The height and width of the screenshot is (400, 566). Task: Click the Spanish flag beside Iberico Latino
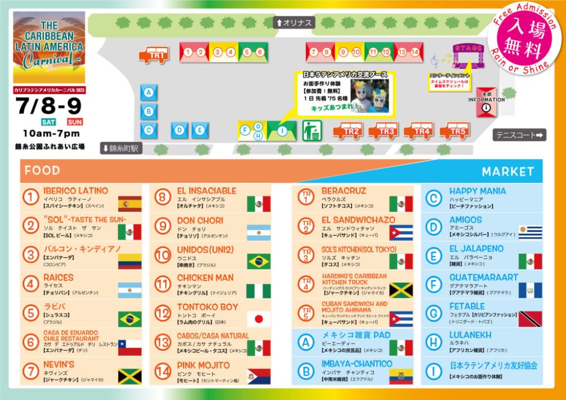tap(130, 203)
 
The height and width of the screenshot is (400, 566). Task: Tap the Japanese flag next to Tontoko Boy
tap(259, 319)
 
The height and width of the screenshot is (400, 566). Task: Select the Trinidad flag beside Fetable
tap(530, 319)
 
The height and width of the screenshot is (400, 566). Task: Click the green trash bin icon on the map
tap(311, 130)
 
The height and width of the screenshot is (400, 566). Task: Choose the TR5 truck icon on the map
tap(454, 131)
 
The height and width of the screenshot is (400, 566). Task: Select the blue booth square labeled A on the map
tap(149, 92)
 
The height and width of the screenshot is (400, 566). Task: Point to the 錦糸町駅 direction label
tap(122, 148)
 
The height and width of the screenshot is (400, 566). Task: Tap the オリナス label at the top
tap(294, 23)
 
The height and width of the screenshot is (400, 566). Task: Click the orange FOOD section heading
tap(42, 171)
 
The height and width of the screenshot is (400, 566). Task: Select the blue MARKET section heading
tap(507, 171)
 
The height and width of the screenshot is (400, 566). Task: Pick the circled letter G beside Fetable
tap(433, 313)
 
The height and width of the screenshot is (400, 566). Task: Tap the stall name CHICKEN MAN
tap(205, 278)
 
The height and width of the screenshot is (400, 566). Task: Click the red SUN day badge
tap(75, 122)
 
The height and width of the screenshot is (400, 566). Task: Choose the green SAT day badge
tap(48, 122)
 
